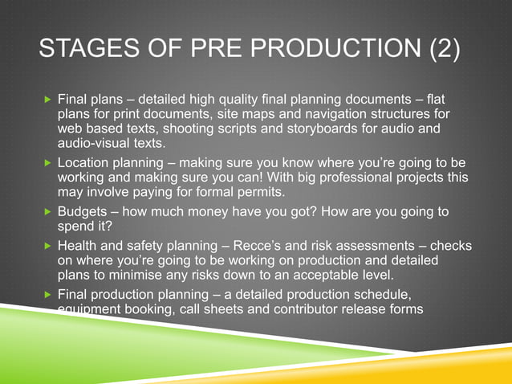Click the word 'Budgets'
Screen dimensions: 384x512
point(83,211)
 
